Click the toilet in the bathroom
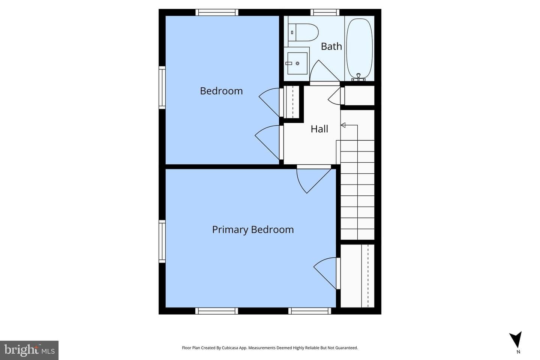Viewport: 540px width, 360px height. [x=303, y=32]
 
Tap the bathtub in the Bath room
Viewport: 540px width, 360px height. [x=359, y=48]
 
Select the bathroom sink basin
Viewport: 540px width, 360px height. [x=297, y=63]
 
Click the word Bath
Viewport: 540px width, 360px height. [x=331, y=46]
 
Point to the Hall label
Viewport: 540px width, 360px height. [x=319, y=129]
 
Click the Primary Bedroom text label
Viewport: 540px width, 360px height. [x=253, y=229]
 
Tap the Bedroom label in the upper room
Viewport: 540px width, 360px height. [x=221, y=91]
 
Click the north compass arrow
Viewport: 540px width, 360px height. [x=516, y=340]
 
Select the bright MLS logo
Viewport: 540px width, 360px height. [x=29, y=350]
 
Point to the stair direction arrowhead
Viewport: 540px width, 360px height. [x=343, y=125]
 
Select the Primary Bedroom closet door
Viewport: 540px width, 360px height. [x=325, y=273]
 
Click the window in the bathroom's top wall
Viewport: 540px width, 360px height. [x=325, y=12]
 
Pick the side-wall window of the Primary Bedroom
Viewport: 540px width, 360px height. [x=162, y=241]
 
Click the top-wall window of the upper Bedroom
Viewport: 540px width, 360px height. [x=217, y=12]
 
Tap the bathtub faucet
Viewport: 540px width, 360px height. [x=358, y=77]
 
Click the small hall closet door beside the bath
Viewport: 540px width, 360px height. [x=334, y=96]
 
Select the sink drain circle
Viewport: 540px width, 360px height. [x=297, y=63]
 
